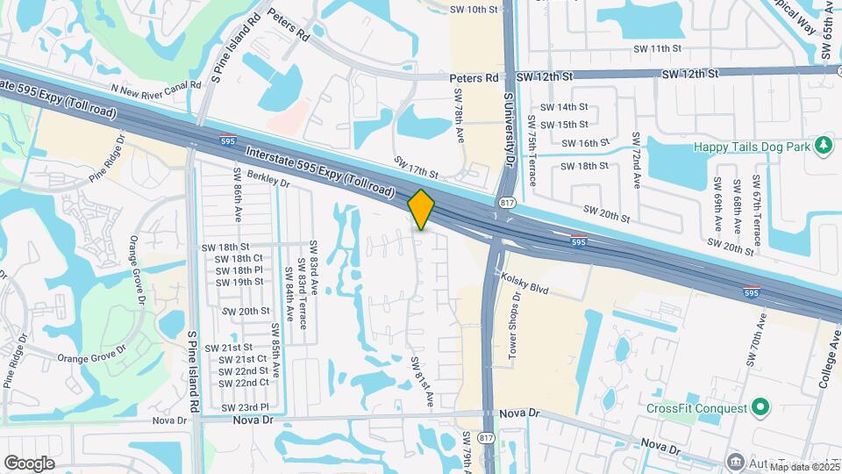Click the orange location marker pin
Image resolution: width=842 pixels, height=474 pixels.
pos(422,210)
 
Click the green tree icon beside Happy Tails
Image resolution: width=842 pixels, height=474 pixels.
pos(823,145)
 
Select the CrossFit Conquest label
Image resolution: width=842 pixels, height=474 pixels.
pos(696,408)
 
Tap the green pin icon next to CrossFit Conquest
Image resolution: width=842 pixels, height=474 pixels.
pos(760,407)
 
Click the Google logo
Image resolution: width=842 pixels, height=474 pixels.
pos(29,463)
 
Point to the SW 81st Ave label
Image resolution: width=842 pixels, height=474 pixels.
pos(423,380)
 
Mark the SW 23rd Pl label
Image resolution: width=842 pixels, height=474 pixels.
pos(245,407)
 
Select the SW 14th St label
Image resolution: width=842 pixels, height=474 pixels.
pos(565,108)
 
